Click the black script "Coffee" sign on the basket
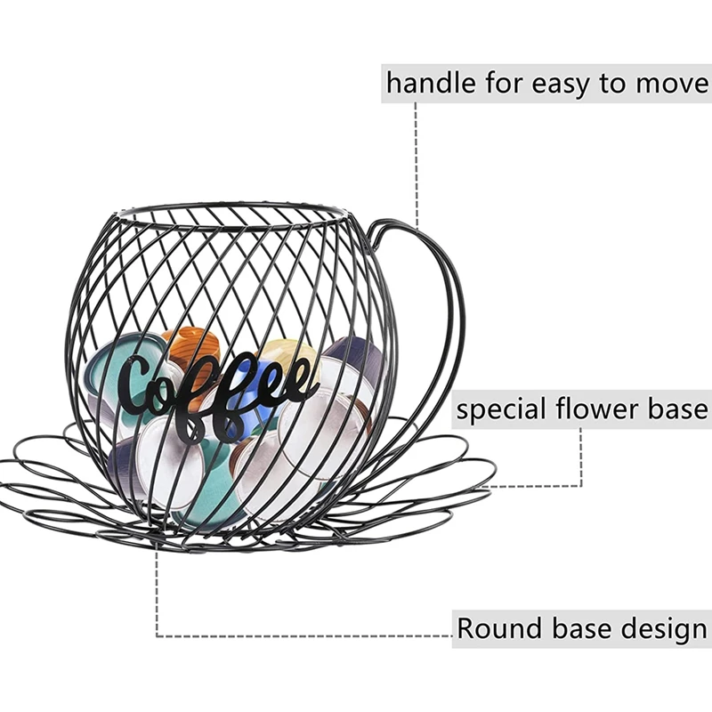pos(218,392)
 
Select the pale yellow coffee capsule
pos(289,356)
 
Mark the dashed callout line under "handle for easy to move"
pos(416,160)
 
